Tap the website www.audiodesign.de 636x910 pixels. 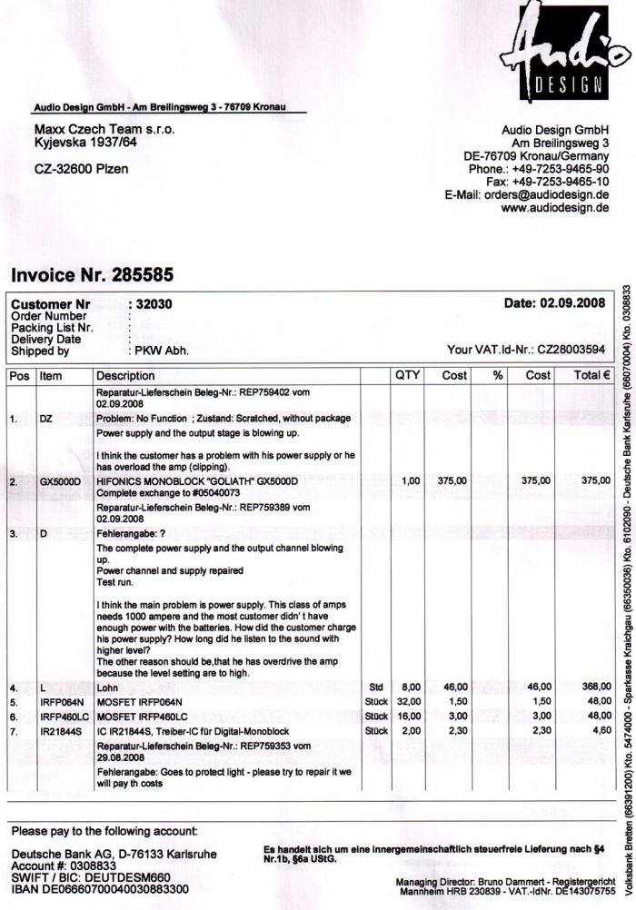(x=555, y=208)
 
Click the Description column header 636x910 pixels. (x=126, y=375)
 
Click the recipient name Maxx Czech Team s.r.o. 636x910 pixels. (x=104, y=130)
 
